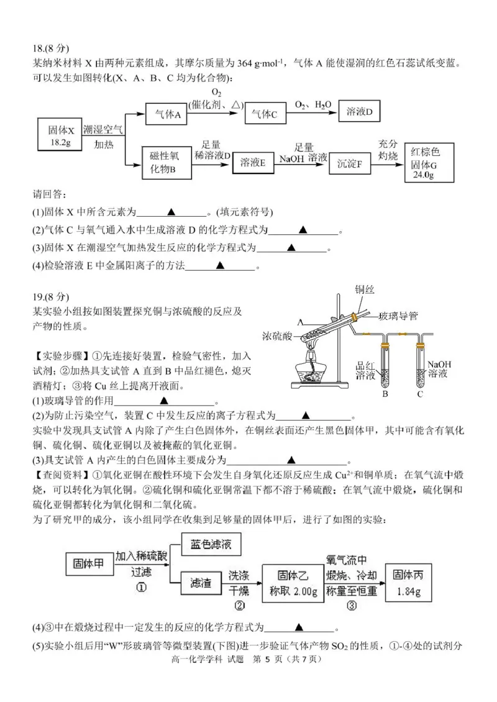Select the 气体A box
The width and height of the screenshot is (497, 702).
point(167,114)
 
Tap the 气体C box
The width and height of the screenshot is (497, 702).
point(265,114)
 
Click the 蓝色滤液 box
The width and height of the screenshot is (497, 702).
point(211,545)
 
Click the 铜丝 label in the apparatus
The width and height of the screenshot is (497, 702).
point(365,289)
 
